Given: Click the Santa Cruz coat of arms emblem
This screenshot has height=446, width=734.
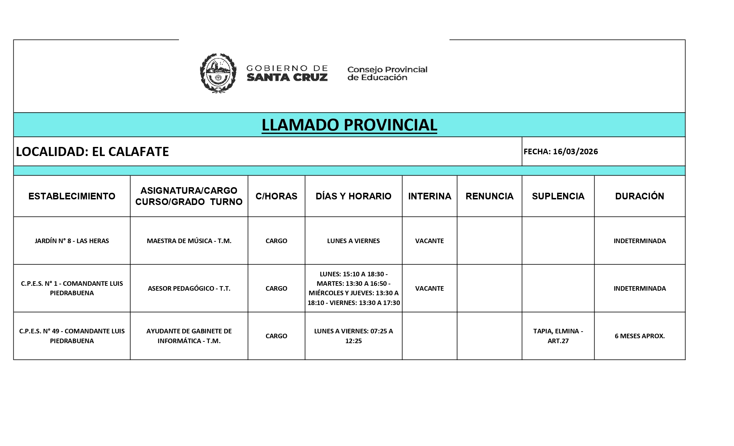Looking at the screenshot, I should click(218, 73).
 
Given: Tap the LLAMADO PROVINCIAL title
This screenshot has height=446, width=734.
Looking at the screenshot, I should click(349, 125).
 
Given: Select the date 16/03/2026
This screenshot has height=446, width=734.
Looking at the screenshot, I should click(575, 151).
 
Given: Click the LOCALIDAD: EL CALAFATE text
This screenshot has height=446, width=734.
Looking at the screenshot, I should click(93, 151).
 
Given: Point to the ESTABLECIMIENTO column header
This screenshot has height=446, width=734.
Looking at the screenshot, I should click(72, 196).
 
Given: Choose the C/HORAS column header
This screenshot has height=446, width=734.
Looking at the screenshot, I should click(276, 196).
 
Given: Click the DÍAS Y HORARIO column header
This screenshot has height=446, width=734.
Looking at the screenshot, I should click(353, 196).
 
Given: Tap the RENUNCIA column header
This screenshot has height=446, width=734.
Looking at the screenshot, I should click(489, 196).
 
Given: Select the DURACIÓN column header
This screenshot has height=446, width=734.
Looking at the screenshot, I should click(640, 196).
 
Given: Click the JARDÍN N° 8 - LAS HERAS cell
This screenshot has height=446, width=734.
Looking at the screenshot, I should click(72, 241).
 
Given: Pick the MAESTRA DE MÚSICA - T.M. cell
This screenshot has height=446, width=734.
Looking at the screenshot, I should click(189, 241).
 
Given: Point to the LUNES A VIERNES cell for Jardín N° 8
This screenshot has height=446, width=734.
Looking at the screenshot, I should click(353, 241).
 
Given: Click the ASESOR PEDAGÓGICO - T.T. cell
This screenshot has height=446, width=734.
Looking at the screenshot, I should click(189, 288).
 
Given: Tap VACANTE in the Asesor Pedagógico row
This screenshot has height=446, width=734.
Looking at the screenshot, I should click(429, 288).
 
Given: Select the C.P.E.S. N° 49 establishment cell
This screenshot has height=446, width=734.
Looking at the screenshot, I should click(72, 336).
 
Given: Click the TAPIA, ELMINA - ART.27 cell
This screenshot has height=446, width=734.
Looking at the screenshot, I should click(558, 336).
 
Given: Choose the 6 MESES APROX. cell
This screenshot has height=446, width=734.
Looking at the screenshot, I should click(640, 336).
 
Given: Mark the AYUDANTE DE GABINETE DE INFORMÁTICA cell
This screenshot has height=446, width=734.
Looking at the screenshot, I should click(189, 336).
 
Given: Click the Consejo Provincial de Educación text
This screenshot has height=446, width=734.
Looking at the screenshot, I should click(387, 73).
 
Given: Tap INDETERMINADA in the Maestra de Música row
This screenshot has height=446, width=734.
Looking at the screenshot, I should click(640, 241).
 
